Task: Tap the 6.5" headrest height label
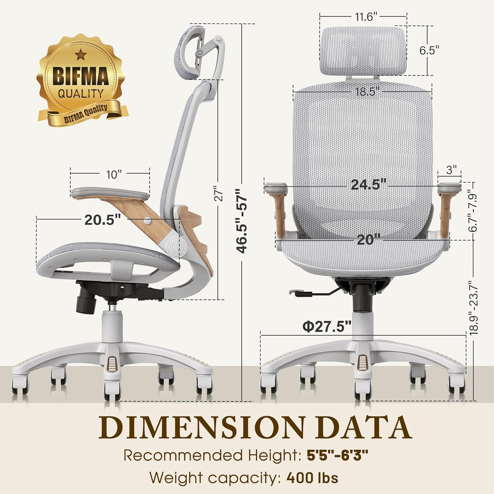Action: pyautogui.click(x=429, y=50)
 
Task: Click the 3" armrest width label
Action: pyautogui.click(x=451, y=170)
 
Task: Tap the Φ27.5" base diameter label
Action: pyautogui.click(x=327, y=327)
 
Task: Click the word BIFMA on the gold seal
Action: pyautogui.click(x=81, y=76)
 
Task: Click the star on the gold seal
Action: pyautogui.click(x=79, y=54)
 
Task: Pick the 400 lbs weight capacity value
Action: pyautogui.click(x=312, y=477)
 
